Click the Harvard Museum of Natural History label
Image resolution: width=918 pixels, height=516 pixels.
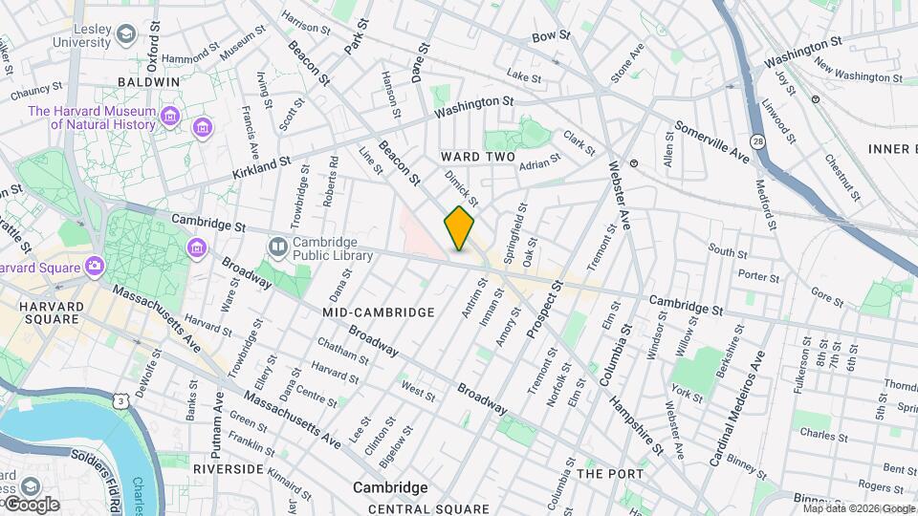tap(92, 118)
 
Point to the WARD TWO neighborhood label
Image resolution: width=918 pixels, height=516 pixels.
tap(477, 157)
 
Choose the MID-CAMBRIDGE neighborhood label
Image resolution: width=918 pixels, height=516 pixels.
tap(378, 312)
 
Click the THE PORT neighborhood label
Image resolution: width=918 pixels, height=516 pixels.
tap(610, 474)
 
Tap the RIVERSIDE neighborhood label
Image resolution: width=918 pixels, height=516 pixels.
tap(228, 469)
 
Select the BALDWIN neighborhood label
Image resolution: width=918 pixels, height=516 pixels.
tap(148, 82)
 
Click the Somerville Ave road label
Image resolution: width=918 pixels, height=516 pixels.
tap(712, 140)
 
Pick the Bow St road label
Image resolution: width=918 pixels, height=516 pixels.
tap(551, 36)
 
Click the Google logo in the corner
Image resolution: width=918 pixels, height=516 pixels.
tap(31, 504)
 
